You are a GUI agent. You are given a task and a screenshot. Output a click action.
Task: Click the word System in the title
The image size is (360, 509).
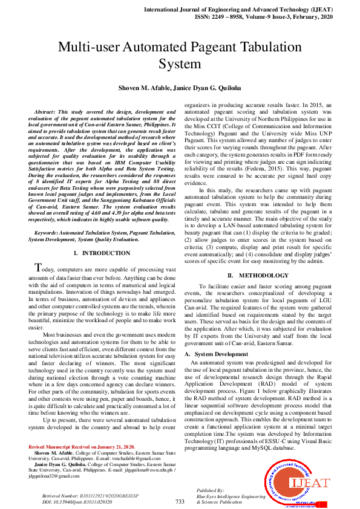tap(180, 64)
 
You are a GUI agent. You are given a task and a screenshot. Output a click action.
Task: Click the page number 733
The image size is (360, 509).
tap(180, 501)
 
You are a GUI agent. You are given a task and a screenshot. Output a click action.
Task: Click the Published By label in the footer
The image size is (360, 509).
tap(211, 490)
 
